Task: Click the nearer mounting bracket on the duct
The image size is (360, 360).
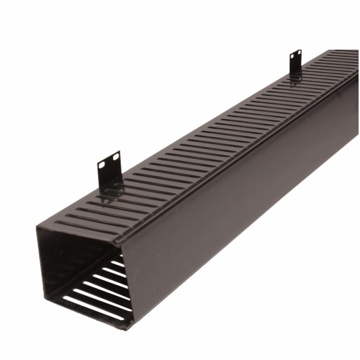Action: (109, 170)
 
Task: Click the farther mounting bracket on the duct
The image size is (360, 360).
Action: (295, 62)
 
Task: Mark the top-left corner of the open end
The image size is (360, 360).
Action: (37, 228)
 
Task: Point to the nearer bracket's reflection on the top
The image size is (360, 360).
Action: (112, 192)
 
